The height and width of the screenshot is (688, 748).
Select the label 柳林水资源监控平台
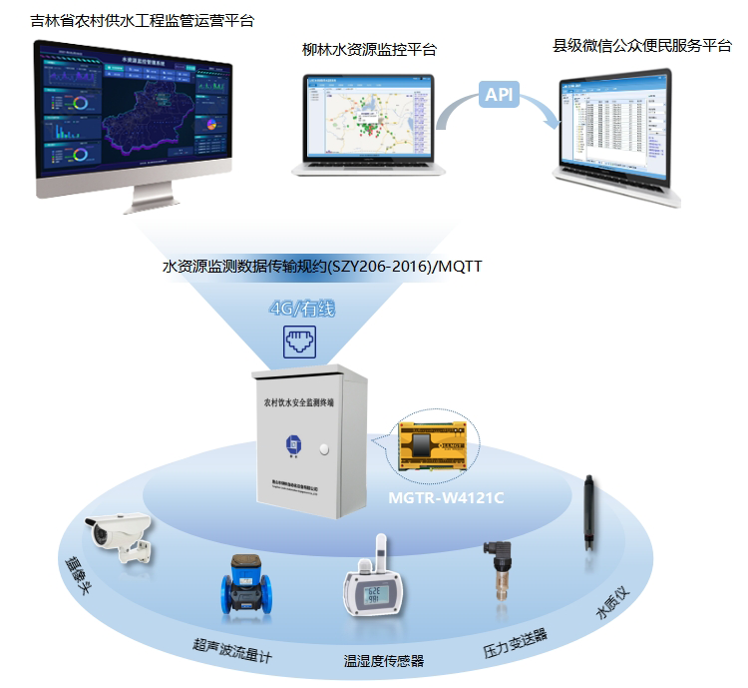[x=369, y=49]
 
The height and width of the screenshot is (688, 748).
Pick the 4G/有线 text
[x=302, y=309]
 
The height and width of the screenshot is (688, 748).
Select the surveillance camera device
[x=120, y=537]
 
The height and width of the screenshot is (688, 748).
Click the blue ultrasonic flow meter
[x=244, y=587]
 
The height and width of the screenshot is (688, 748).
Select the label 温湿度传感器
[x=384, y=661]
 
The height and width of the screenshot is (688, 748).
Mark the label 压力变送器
[x=515, y=642]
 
